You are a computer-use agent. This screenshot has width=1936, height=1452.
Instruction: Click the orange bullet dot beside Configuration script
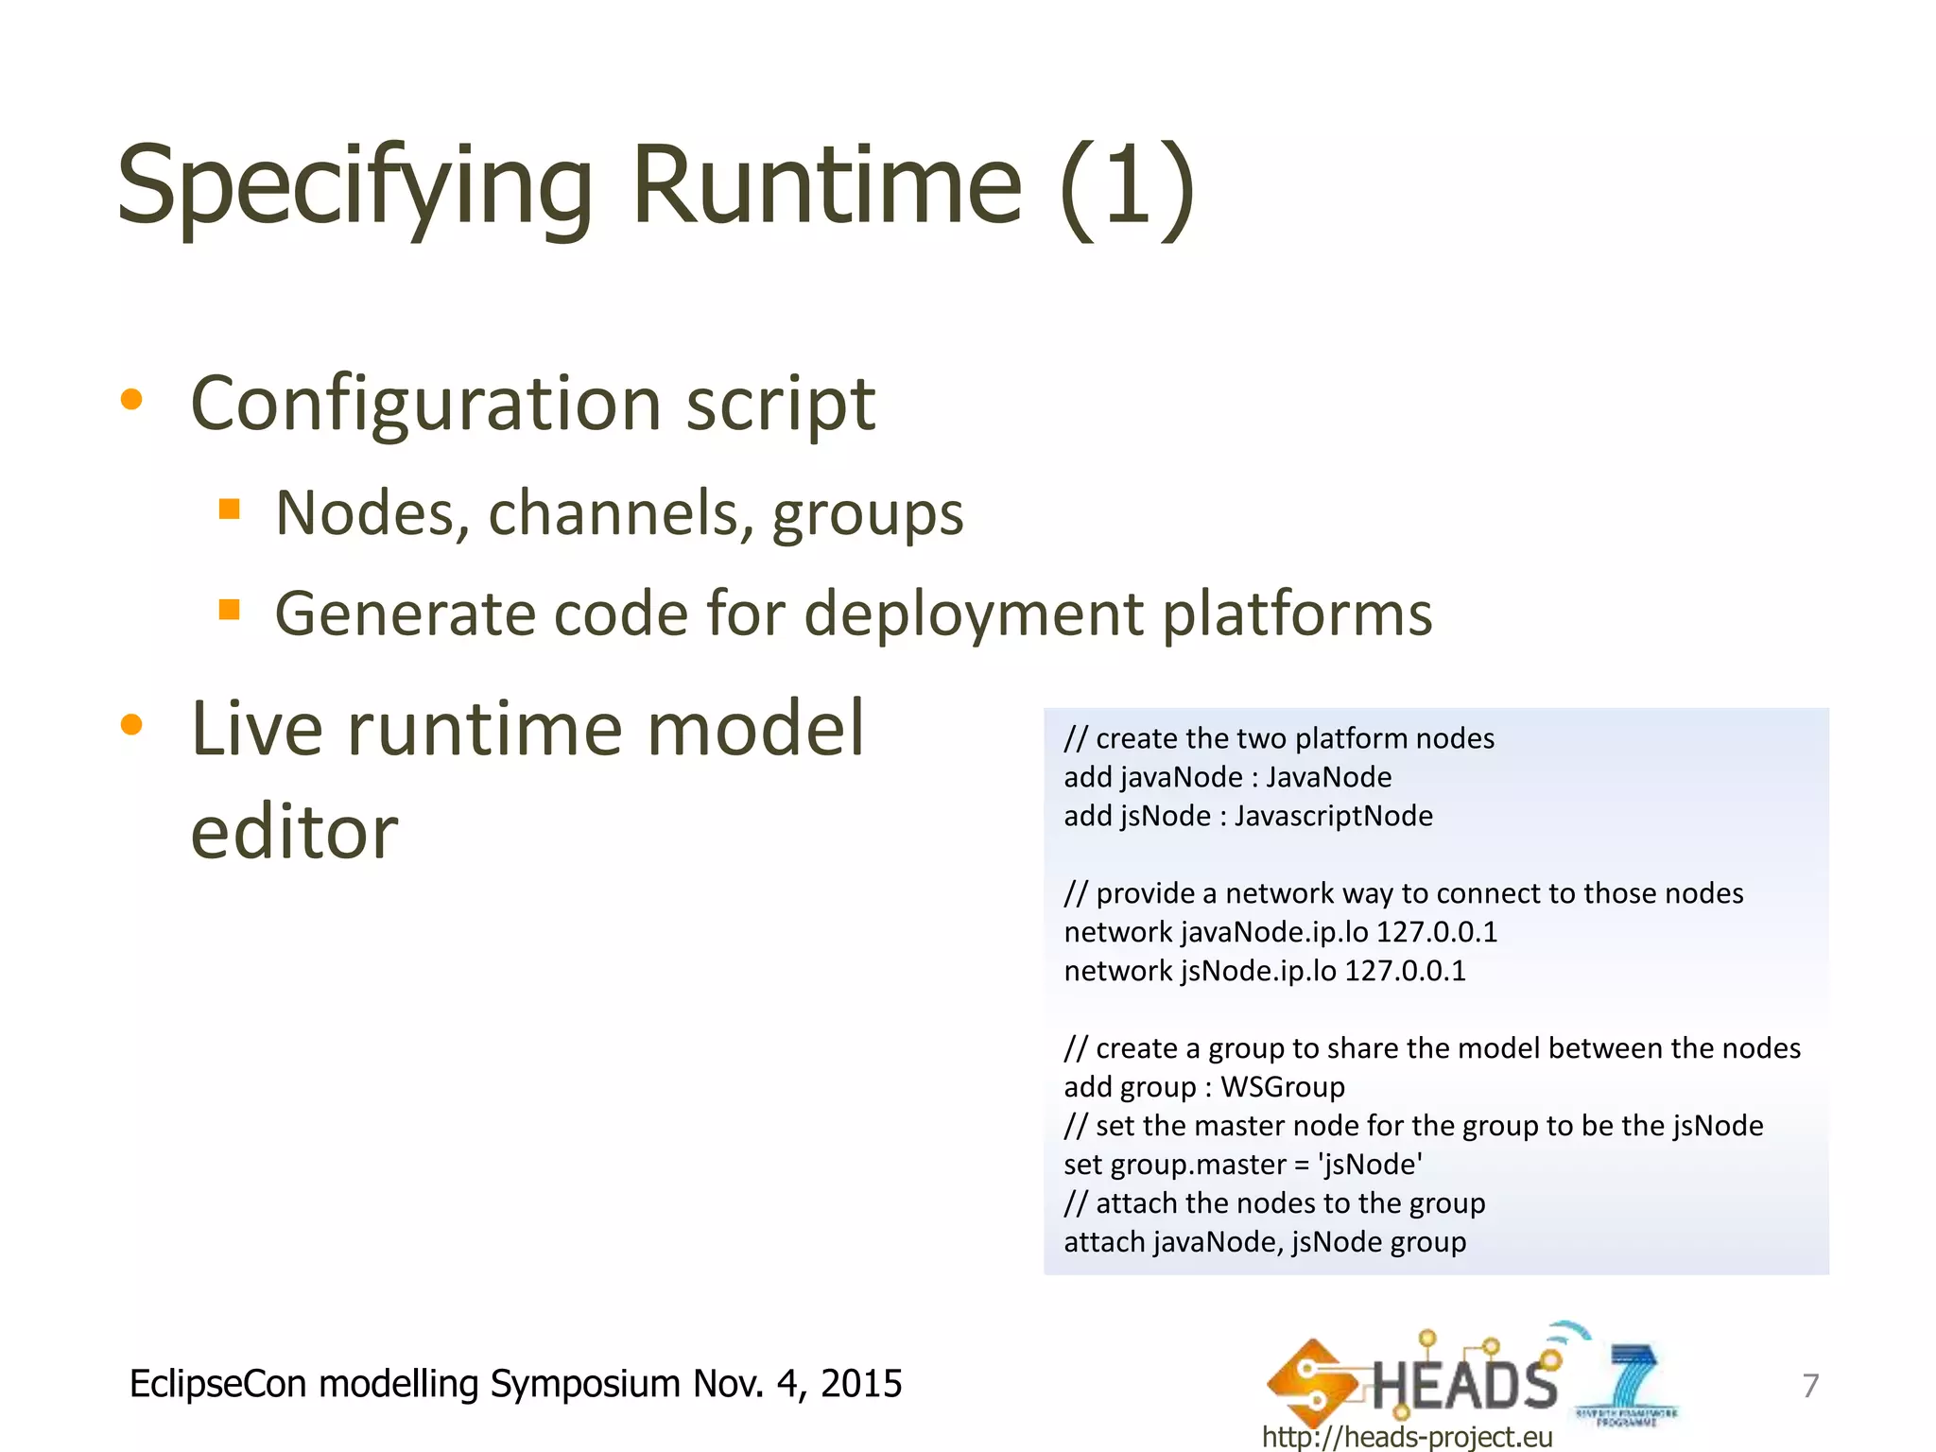[x=131, y=400]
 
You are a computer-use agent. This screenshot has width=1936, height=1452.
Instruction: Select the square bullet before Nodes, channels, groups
[x=229, y=510]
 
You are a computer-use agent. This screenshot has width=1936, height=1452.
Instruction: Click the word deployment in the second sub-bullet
[x=974, y=614]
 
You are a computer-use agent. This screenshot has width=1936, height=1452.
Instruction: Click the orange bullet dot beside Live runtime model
[x=131, y=725]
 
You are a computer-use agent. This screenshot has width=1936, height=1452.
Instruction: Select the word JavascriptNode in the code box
[x=1333, y=816]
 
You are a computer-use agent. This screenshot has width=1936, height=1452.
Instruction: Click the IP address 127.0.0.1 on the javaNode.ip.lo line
[x=1437, y=932]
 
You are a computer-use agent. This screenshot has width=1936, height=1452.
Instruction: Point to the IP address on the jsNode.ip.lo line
[x=1405, y=971]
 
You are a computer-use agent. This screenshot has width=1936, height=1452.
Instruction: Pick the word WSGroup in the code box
[x=1283, y=1087]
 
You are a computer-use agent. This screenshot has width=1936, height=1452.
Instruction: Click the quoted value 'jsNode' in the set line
[x=1370, y=1165]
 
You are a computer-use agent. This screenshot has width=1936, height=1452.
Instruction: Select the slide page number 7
[x=1810, y=1386]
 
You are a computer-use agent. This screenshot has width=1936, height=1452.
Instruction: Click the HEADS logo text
[x=1463, y=1384]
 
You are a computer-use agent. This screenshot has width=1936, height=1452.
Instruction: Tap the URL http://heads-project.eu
[x=1407, y=1437]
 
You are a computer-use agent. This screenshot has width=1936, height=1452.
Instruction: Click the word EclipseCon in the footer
[x=217, y=1384]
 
